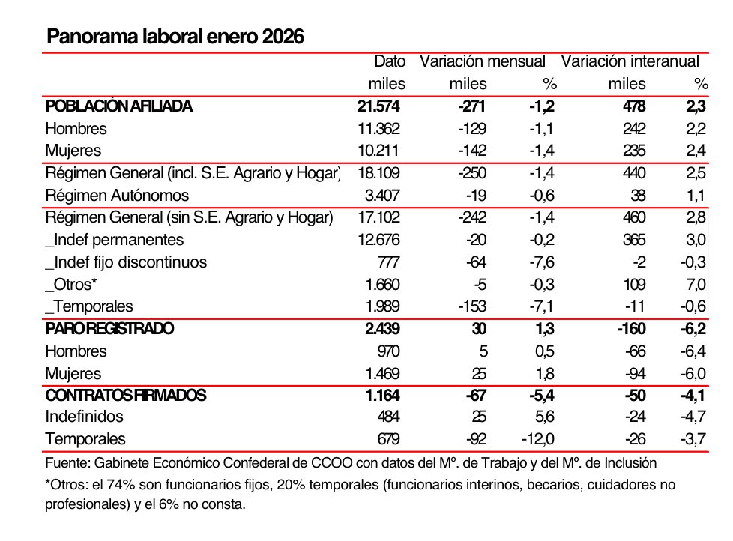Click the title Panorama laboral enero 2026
175,37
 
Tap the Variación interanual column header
630,61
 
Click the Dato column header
390,61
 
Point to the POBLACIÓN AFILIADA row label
118,106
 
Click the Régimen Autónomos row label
117,196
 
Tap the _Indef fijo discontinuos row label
126,262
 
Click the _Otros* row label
71,285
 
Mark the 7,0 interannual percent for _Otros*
696,285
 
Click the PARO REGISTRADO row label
109,329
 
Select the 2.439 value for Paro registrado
382,329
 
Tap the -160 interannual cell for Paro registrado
628,329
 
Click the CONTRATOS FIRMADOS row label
125,395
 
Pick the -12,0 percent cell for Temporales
538,439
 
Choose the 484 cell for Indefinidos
387,417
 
